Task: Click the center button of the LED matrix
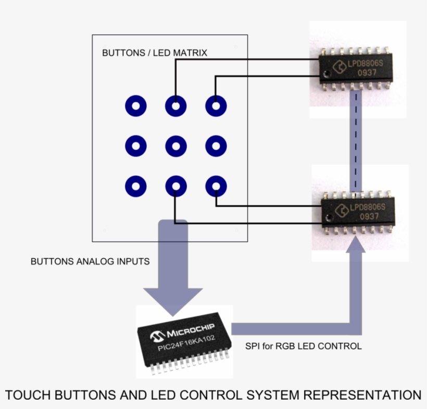(175, 146)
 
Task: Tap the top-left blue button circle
(135, 106)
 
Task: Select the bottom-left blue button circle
(135, 186)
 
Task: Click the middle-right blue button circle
(216, 146)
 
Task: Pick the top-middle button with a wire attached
(175, 106)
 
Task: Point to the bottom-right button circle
(216, 186)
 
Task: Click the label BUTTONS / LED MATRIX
(154, 53)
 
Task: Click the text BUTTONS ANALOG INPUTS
(90, 261)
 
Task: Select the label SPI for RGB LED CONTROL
(303, 346)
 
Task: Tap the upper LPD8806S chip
(357, 68)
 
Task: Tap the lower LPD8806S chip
(357, 212)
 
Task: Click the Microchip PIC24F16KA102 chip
(184, 341)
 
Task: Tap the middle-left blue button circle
(135, 146)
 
